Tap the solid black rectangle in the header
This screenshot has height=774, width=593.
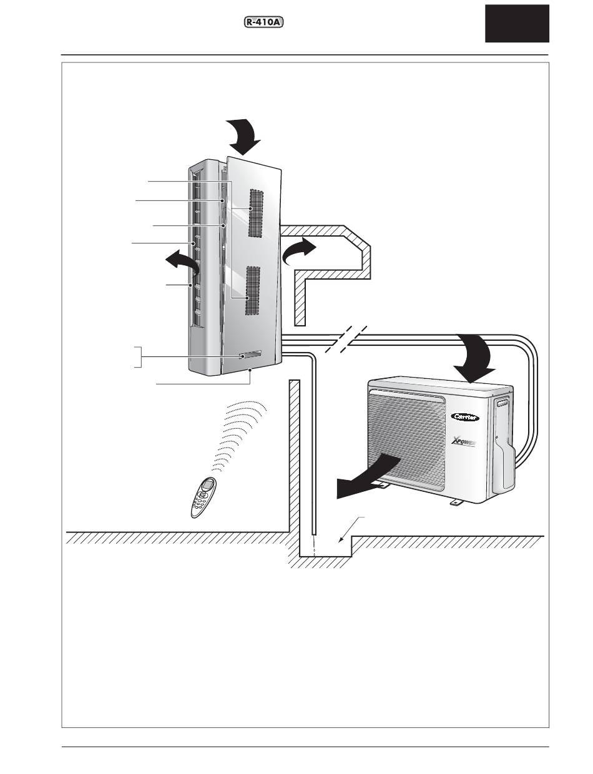tap(517, 23)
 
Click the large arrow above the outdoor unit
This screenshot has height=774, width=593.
tap(478, 356)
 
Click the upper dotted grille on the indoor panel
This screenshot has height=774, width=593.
tap(257, 212)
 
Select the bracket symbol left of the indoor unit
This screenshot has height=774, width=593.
tap(139, 356)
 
